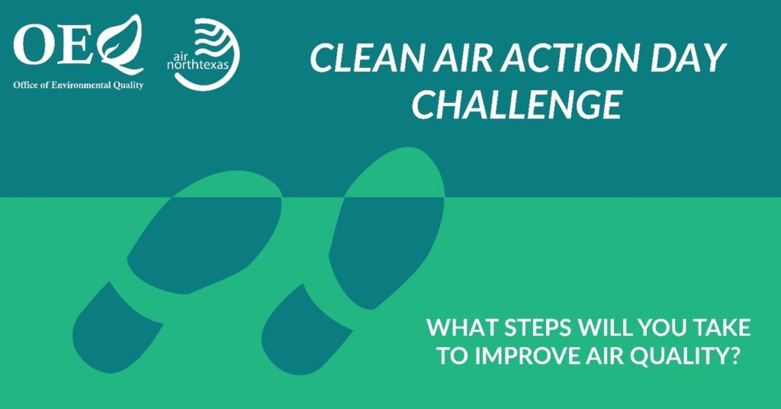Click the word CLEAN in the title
[368, 58]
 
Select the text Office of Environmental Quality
[79, 85]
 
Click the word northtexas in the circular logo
[198, 65]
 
